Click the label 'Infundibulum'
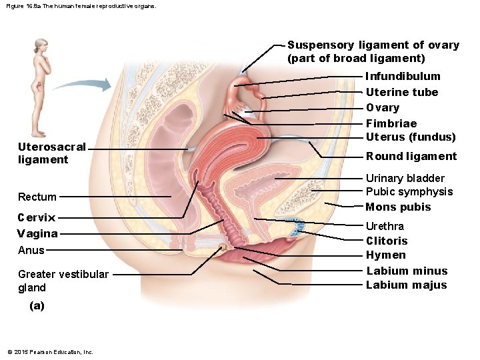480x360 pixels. click(x=403, y=76)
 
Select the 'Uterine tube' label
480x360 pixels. click(x=401, y=92)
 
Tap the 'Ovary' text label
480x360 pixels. click(x=383, y=107)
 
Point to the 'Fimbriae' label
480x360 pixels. click(x=391, y=123)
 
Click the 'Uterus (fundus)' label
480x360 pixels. click(x=410, y=137)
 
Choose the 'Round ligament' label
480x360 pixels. click(x=411, y=156)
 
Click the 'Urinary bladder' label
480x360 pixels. click(x=405, y=178)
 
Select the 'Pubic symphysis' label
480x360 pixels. click(x=409, y=192)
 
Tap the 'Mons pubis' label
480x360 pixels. click(x=398, y=207)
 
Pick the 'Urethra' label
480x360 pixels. click(x=385, y=226)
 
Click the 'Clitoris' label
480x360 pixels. click(x=387, y=241)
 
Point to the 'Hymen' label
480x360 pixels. click(x=385, y=255)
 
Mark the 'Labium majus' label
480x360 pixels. click(x=407, y=285)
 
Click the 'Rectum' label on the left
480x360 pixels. click(x=37, y=197)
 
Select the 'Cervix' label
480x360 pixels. click(x=37, y=217)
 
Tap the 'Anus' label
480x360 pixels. click(x=31, y=250)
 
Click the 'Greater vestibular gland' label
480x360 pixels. click(x=63, y=281)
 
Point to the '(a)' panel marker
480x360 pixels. click(x=37, y=306)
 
